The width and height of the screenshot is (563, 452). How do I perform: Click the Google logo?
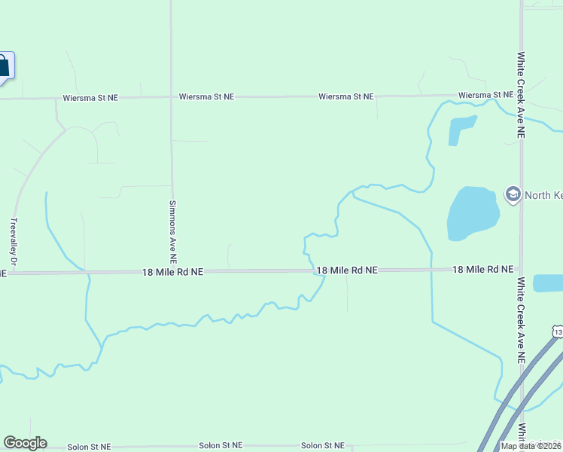tap(25, 443)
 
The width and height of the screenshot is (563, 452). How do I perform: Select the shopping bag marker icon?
tap(4, 66)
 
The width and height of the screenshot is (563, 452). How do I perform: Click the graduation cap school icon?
tap(513, 195)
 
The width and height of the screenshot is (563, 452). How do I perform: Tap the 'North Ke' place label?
tap(543, 196)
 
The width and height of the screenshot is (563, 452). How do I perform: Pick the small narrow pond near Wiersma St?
tap(461, 130)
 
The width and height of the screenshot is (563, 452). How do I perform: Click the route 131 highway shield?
tap(557, 331)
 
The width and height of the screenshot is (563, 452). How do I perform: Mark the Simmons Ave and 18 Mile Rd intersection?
tap(172, 271)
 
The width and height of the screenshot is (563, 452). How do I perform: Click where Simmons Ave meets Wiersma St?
tap(172, 97)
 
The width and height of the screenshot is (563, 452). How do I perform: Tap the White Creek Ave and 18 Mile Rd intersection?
tap(521, 269)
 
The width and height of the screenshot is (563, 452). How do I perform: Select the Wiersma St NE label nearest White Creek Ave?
tap(485, 96)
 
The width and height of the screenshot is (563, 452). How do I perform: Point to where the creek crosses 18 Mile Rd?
tap(315, 270)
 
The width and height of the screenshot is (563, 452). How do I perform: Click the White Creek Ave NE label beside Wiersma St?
tap(521, 94)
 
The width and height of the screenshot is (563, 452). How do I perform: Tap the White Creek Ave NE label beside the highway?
tap(521, 320)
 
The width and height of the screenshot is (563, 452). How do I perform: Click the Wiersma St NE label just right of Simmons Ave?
tap(206, 97)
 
